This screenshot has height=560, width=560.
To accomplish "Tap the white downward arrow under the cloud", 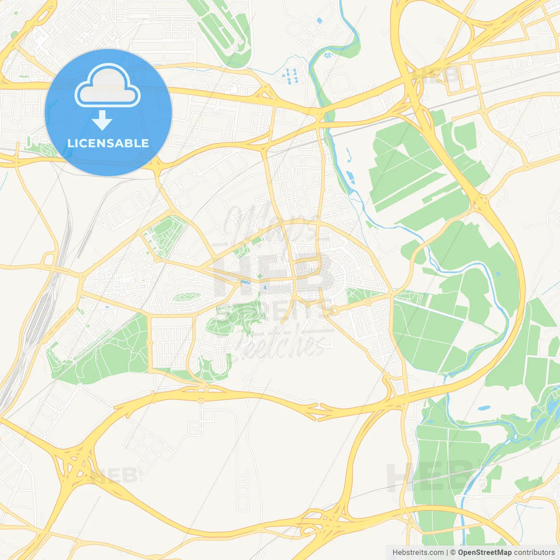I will click(x=102, y=120).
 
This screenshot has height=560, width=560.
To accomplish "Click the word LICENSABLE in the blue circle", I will click(x=108, y=143).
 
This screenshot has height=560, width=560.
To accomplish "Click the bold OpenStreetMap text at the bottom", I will click(x=484, y=553).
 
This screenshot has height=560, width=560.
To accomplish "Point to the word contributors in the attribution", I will click(x=534, y=553).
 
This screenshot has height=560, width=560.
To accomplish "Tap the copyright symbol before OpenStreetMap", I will click(x=453, y=553).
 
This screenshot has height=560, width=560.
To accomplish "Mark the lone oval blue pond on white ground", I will click(x=483, y=408).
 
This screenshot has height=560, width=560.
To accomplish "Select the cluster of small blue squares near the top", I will click(x=290, y=76).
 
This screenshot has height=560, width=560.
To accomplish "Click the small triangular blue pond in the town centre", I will click(x=265, y=288).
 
